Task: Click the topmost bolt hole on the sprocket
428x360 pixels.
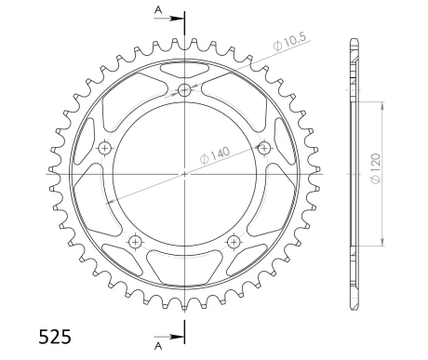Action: [184, 90]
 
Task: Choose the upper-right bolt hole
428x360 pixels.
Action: [263, 148]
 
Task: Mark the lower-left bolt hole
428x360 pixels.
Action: [136, 242]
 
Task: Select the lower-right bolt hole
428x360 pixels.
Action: [234, 242]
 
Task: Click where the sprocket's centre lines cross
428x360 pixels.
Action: [184, 173]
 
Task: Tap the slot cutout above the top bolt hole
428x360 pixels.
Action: [184, 70]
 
